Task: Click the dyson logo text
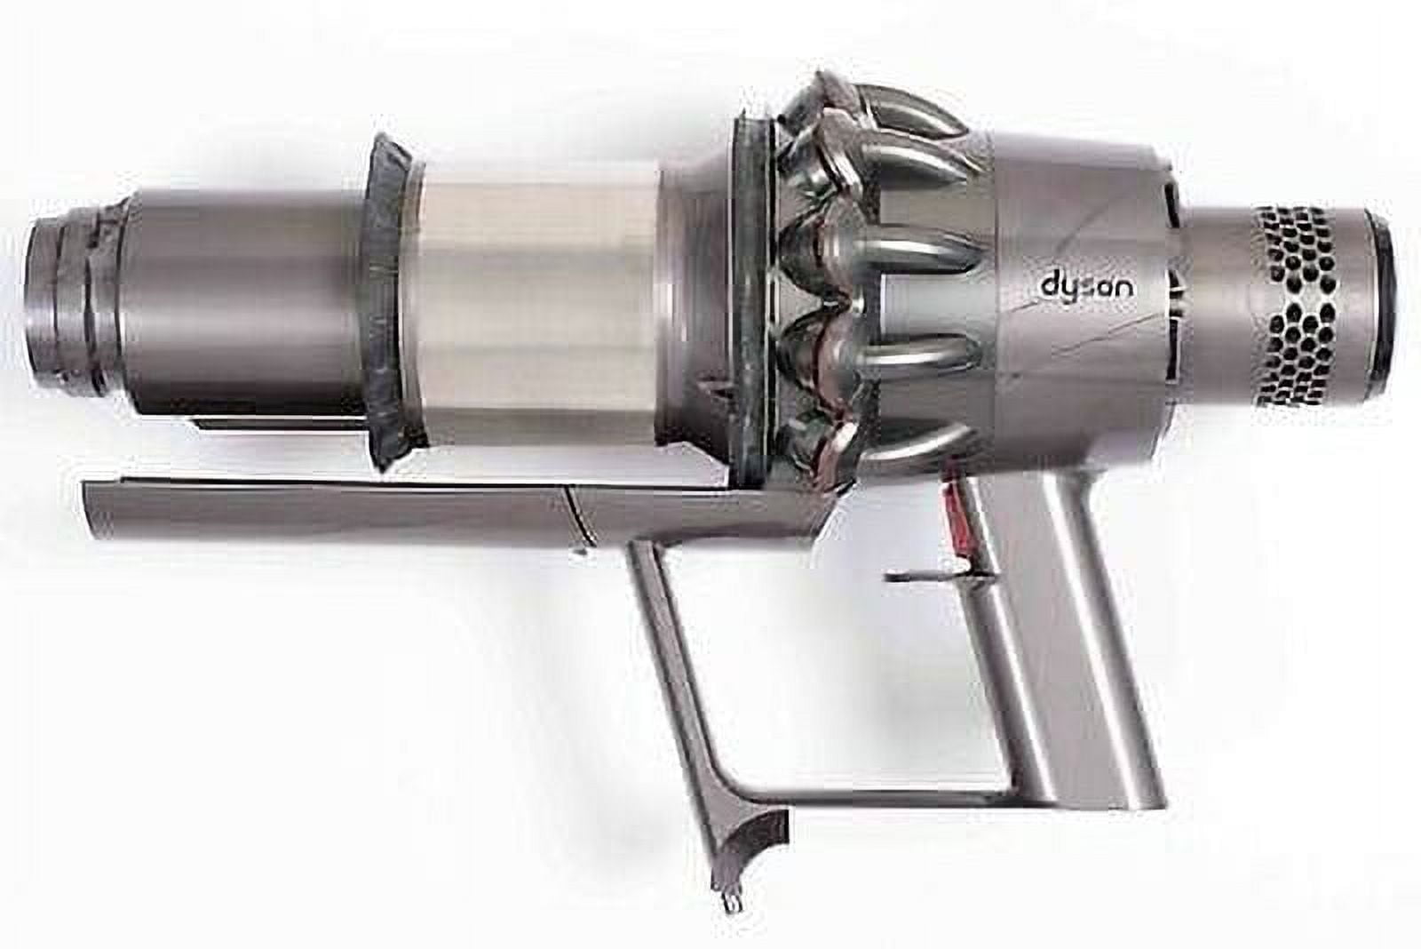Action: pos(1085,286)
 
